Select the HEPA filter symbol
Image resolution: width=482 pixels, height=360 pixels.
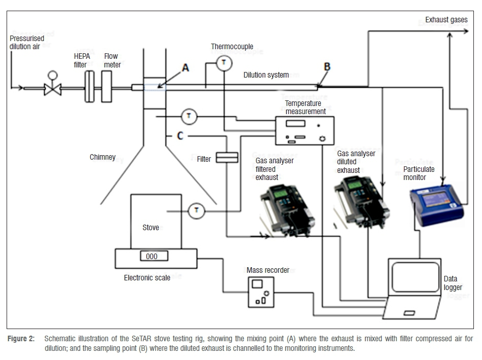pos(89,86)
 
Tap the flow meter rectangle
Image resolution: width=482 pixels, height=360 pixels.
pos(106,86)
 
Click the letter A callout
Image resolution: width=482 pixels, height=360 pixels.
pos(186,67)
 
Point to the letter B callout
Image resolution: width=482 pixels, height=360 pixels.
pos(327,67)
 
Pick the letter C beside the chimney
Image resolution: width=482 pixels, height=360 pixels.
pos(180,135)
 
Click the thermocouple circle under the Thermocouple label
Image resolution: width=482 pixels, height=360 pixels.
pos(224,63)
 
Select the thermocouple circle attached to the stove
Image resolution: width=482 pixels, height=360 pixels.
pos(197,211)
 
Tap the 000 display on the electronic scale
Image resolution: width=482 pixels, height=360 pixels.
pos(154,256)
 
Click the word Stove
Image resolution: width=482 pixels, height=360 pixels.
pos(151,228)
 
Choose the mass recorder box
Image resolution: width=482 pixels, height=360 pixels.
pos(261,292)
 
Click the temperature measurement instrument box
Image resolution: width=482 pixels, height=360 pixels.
pos(305,131)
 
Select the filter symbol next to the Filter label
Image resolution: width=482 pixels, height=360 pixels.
pos(227,157)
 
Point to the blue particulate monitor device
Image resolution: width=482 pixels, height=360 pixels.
pos(437,204)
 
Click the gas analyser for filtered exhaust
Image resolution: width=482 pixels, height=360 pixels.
pos(287,210)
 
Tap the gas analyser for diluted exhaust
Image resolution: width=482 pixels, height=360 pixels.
pos(362,203)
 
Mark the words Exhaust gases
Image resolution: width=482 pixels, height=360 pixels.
pos(447,20)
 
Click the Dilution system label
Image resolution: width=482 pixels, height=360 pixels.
pos(266,75)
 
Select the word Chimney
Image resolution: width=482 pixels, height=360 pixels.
pos(103,157)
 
